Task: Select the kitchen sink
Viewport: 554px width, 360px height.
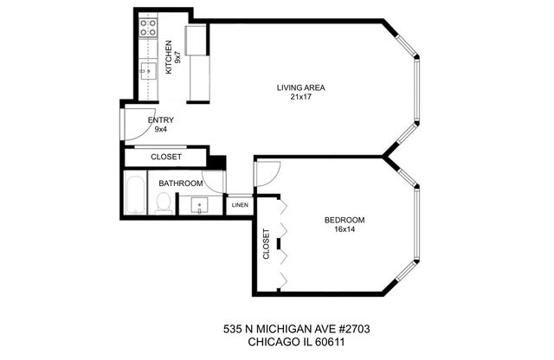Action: (148, 70)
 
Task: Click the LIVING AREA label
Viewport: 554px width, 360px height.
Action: (300, 87)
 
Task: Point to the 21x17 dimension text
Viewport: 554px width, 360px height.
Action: (300, 97)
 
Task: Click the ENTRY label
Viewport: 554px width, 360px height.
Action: (161, 120)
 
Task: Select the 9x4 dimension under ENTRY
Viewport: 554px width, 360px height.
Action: (161, 130)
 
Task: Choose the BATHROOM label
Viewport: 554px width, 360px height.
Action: (180, 183)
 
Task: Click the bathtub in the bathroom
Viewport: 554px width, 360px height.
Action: (135, 195)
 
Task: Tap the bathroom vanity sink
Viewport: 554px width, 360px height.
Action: (200, 207)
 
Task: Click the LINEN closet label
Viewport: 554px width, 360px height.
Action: (239, 206)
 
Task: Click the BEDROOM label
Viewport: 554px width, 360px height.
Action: (345, 220)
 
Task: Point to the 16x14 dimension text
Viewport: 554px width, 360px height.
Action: (345, 229)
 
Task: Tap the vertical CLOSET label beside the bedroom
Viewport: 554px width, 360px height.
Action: (266, 244)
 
